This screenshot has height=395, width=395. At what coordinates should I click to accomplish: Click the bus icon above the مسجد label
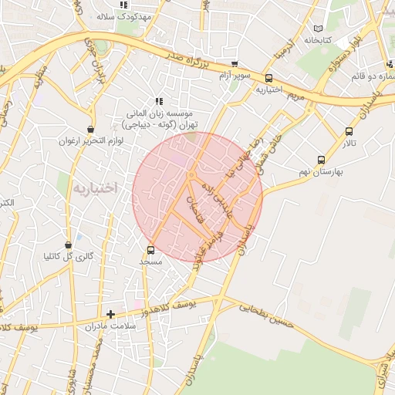(150, 250)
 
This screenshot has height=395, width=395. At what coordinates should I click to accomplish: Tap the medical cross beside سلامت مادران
(111, 314)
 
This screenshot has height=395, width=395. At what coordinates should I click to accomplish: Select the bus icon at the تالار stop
(349, 132)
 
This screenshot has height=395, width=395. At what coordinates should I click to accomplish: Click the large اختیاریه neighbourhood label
(96, 187)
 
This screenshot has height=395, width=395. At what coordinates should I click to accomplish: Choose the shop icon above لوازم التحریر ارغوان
(92, 129)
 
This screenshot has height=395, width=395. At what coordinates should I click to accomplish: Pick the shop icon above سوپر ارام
(234, 64)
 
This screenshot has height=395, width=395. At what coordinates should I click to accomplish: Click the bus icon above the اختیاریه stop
(268, 78)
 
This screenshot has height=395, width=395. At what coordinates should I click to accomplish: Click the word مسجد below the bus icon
(150, 262)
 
